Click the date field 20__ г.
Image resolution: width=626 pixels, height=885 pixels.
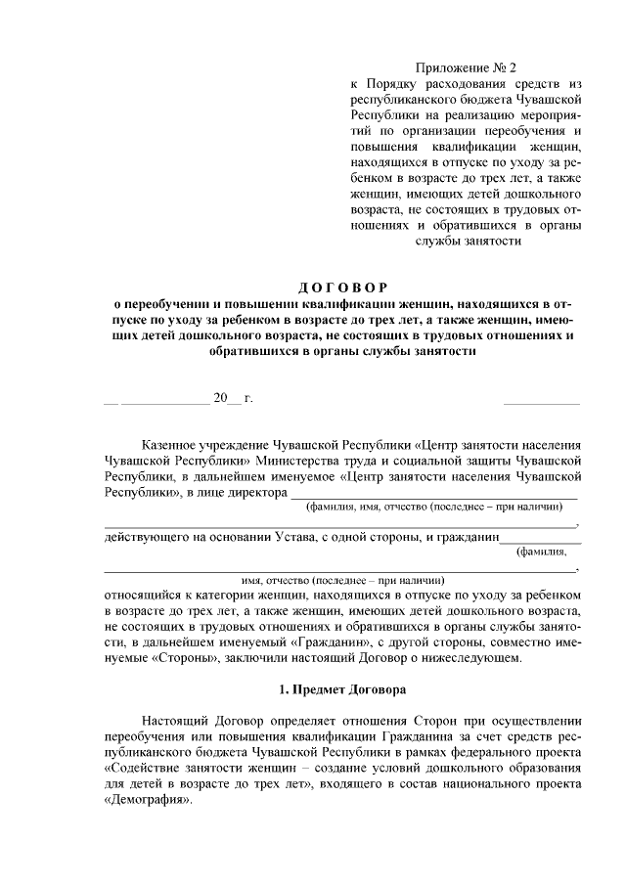[x=233, y=399]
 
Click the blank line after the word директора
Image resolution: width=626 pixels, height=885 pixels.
[x=434, y=492]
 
